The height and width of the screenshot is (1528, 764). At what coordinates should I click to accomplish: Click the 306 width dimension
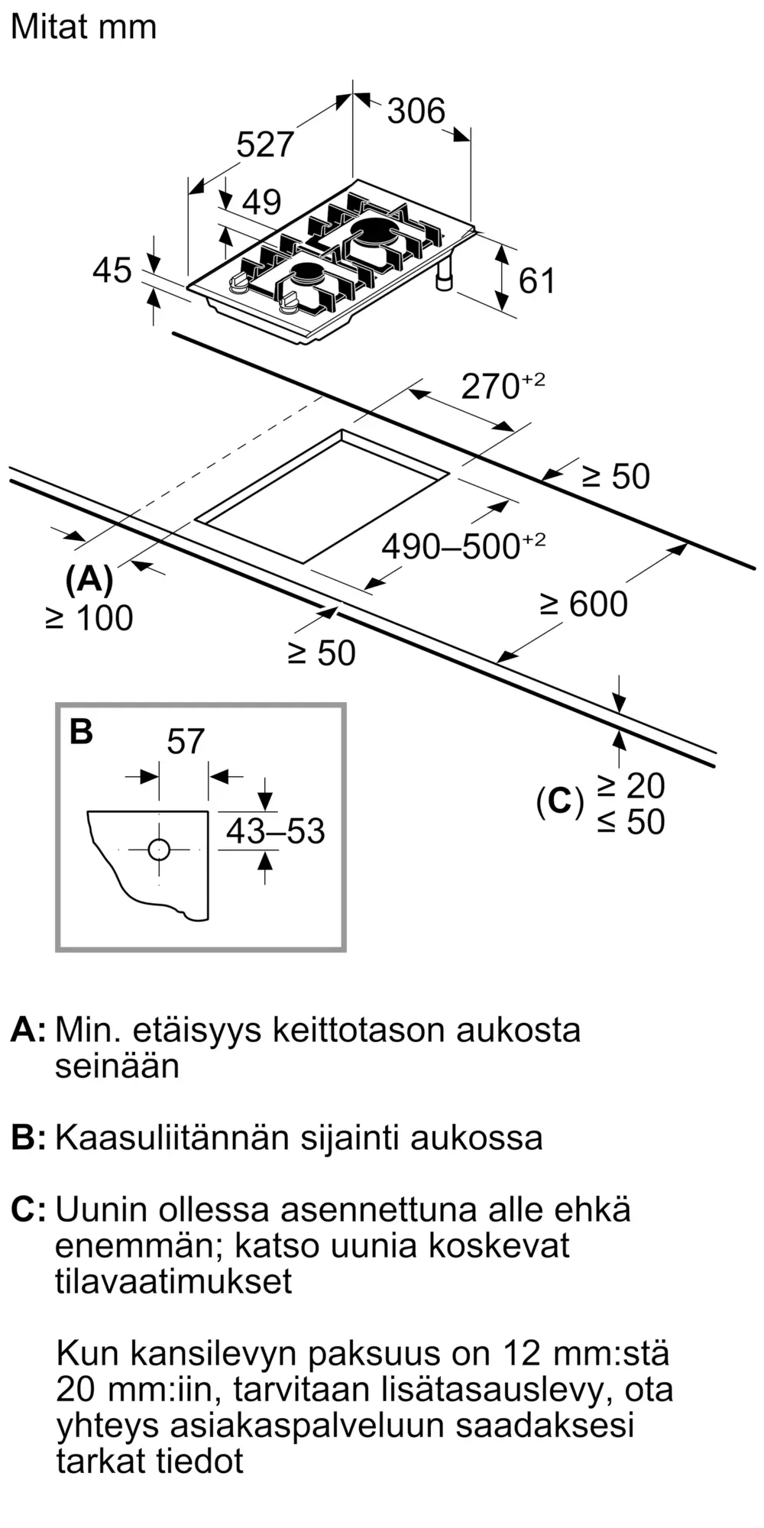click(x=416, y=112)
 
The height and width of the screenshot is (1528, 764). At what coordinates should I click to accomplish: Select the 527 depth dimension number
click(x=264, y=144)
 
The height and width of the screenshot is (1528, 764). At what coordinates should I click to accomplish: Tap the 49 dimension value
click(x=261, y=202)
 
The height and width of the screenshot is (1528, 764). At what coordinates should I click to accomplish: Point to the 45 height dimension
click(x=112, y=270)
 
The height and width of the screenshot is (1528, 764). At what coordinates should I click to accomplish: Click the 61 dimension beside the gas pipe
click(x=536, y=281)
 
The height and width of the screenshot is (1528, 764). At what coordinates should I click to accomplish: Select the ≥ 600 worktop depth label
click(x=584, y=604)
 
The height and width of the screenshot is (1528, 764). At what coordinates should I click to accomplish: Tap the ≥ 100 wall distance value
click(x=89, y=618)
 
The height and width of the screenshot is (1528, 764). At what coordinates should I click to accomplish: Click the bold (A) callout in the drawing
click(x=89, y=580)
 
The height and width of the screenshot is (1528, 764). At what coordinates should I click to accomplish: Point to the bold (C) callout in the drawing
click(x=560, y=801)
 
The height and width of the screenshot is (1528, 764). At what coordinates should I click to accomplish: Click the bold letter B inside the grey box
click(x=81, y=731)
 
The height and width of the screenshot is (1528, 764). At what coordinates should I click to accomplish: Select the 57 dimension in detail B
click(x=186, y=742)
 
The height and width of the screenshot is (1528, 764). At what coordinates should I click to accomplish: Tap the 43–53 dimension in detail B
click(x=275, y=831)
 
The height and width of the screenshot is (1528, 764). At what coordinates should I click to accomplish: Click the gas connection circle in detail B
click(x=159, y=850)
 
